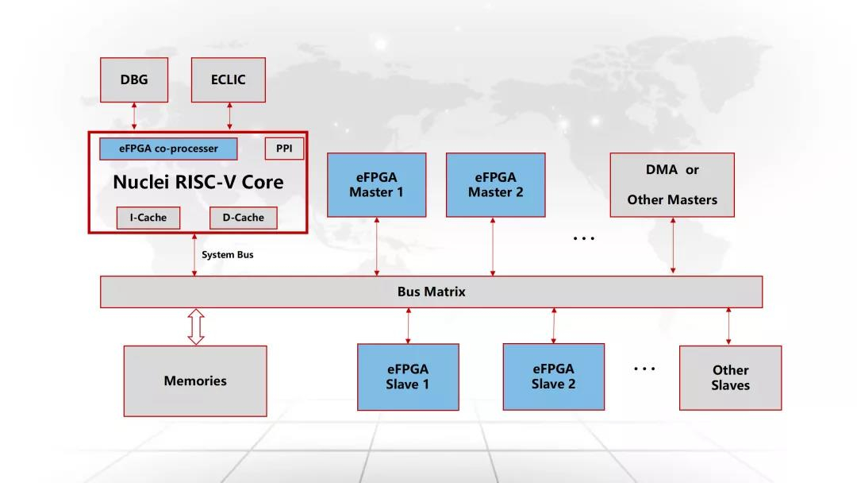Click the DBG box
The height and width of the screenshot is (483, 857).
pyautogui.click(x=134, y=79)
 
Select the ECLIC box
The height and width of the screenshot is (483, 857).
pyautogui.click(x=229, y=79)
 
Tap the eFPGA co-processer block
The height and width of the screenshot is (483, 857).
pyautogui.click(x=169, y=149)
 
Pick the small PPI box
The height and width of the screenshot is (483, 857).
pyautogui.click(x=284, y=149)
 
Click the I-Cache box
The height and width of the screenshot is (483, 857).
pyautogui.click(x=148, y=218)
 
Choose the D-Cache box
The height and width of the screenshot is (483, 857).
pyautogui.click(x=244, y=218)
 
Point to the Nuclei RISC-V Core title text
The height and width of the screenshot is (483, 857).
pyautogui.click(x=198, y=182)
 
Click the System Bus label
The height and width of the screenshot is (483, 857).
pyautogui.click(x=228, y=255)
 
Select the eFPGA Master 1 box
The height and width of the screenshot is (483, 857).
pyautogui.click(x=377, y=185)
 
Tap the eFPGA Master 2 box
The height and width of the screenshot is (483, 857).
pyautogui.click(x=495, y=185)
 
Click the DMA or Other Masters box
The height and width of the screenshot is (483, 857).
pyautogui.click(x=672, y=185)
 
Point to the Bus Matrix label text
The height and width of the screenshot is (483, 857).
pyautogui.click(x=431, y=292)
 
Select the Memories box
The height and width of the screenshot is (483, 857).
pyautogui.click(x=195, y=381)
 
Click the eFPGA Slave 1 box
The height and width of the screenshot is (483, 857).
pyautogui.click(x=408, y=377)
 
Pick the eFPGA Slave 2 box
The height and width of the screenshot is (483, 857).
pyautogui.click(x=554, y=377)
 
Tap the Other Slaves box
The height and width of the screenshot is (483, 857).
pyautogui.click(x=730, y=377)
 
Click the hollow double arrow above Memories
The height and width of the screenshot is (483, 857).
pyautogui.click(x=196, y=327)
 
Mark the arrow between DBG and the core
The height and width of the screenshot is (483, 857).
pyautogui.click(x=134, y=116)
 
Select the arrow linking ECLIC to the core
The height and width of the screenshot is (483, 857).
pyautogui.click(x=229, y=116)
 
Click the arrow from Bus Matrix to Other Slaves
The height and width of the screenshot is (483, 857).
pyautogui.click(x=728, y=327)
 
